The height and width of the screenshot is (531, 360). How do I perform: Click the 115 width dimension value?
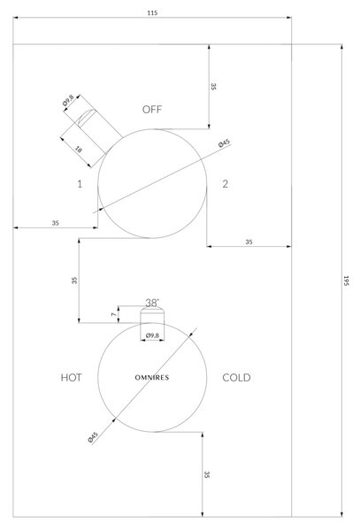(152, 13)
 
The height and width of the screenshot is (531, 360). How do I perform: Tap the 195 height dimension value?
(346, 281)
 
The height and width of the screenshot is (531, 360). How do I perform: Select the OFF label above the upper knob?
(152, 110)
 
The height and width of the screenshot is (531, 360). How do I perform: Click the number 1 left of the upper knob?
(80, 184)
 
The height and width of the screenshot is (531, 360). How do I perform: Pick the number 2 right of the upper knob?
(225, 184)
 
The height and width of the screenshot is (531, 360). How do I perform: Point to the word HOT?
(71, 378)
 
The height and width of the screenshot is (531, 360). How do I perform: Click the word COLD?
(236, 378)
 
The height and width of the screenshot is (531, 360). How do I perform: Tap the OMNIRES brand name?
(152, 378)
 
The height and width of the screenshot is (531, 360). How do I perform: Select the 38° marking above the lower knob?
(152, 303)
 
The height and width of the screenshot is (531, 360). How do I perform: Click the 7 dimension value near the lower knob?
(114, 314)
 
